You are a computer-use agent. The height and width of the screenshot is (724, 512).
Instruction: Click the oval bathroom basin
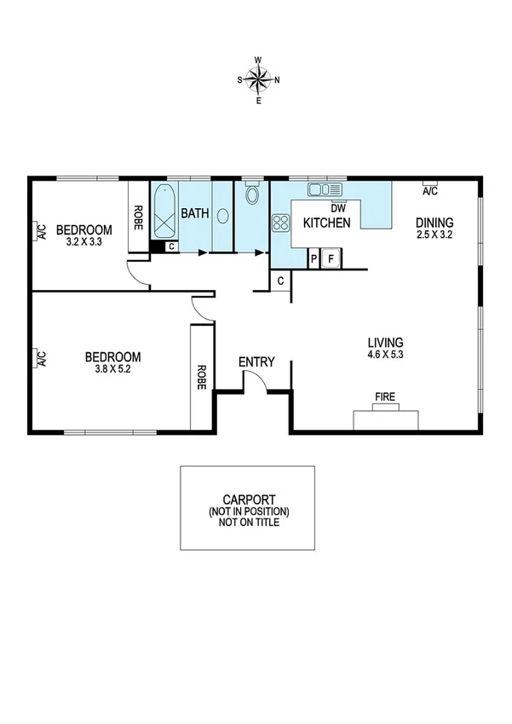[x=222, y=215]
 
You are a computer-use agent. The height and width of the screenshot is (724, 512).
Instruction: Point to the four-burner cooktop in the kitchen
[x=280, y=223]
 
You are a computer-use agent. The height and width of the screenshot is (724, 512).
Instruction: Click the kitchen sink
[x=325, y=189]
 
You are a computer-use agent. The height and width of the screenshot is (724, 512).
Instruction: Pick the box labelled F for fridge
[x=331, y=258]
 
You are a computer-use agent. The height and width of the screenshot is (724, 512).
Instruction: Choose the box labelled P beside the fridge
[x=314, y=258]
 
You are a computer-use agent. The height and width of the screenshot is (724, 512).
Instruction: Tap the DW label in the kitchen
[x=338, y=207]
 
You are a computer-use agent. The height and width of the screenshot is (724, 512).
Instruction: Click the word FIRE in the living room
[x=387, y=397]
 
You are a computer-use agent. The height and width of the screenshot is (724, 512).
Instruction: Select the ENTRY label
[x=256, y=362]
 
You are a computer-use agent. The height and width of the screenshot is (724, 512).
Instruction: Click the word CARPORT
[x=247, y=501]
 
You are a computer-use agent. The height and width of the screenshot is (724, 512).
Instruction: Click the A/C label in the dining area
[x=431, y=192]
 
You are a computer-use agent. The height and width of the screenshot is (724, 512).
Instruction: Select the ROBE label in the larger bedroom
[x=201, y=377]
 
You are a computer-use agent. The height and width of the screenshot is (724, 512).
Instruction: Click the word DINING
[x=434, y=223]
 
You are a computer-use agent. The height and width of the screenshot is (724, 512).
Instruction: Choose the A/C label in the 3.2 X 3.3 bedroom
[x=40, y=231]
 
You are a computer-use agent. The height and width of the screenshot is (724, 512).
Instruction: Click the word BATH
[x=194, y=212]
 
